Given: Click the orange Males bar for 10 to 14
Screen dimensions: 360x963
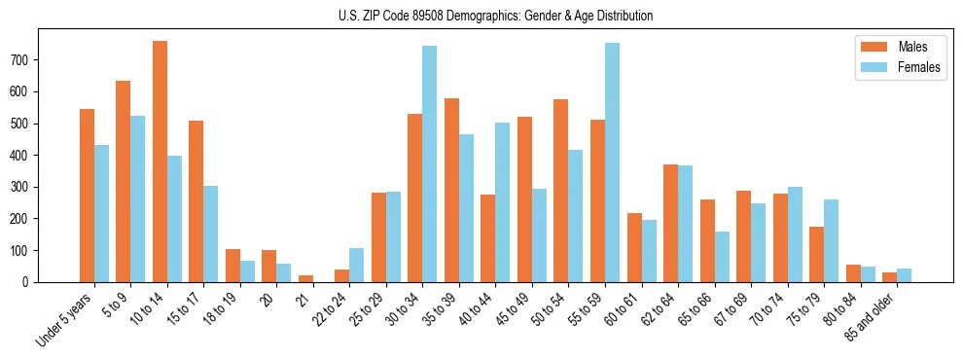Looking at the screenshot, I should (x=160, y=162).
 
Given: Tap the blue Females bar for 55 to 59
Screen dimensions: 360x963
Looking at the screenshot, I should (x=612, y=162).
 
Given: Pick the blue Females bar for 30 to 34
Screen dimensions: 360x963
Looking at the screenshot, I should (x=429, y=163).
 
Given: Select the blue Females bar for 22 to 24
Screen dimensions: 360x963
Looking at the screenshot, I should (x=356, y=265).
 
